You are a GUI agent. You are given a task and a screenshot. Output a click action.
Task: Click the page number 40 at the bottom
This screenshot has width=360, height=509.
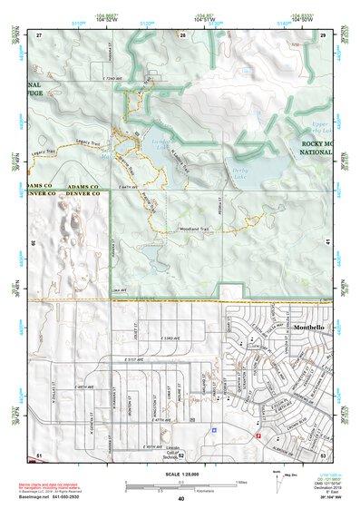181,499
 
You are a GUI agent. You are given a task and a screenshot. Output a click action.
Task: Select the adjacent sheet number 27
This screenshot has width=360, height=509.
39,34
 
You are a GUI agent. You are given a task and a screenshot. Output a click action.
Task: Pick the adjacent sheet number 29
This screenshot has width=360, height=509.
322,34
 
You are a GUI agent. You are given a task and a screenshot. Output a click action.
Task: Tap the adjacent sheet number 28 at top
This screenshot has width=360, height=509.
181,34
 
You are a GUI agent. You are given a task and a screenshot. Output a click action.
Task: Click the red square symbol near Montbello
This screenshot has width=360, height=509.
258,435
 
